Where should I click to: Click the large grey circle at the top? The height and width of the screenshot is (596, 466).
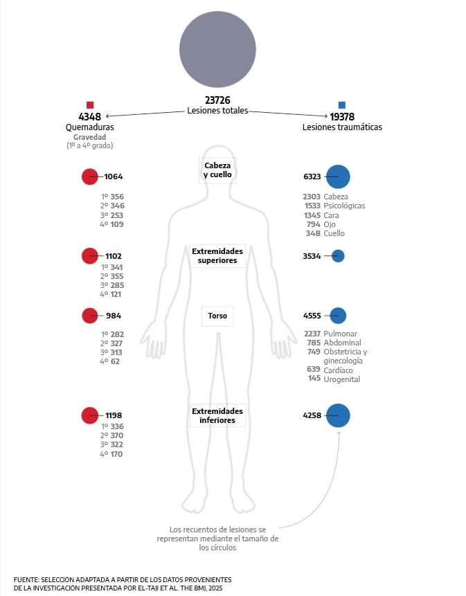pos(217,49)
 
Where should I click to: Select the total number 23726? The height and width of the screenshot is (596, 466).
pos(217,100)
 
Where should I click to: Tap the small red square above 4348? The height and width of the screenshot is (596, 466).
pos(90,105)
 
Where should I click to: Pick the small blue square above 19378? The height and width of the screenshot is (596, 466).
pos(341,105)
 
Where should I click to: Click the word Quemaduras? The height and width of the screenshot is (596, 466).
pos(90,127)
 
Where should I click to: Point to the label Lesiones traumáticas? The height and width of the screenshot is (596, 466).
pos(342,127)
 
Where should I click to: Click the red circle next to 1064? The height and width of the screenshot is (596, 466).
pos(90,177)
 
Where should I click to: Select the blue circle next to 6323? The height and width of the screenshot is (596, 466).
pos(338,177)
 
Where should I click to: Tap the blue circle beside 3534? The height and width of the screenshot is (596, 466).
pos(338,255)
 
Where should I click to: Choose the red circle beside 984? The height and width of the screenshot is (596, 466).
pos(90,316)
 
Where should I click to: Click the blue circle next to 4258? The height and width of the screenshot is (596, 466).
pos(338,415)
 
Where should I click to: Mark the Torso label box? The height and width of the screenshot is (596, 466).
pos(217,316)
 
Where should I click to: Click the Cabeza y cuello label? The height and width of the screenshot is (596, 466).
pos(217,170)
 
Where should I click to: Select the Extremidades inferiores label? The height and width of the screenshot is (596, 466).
pos(217,415)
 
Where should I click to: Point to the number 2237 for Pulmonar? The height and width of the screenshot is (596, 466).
pos(312,334)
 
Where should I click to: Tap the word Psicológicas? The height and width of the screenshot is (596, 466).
pos(344,206)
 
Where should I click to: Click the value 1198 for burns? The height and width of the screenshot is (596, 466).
pos(114,415)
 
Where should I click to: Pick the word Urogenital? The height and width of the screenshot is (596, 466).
pos(342,379)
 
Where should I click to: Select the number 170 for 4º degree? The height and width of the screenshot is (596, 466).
pos(117,454)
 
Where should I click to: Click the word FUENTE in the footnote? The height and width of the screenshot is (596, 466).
pos(26,579)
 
